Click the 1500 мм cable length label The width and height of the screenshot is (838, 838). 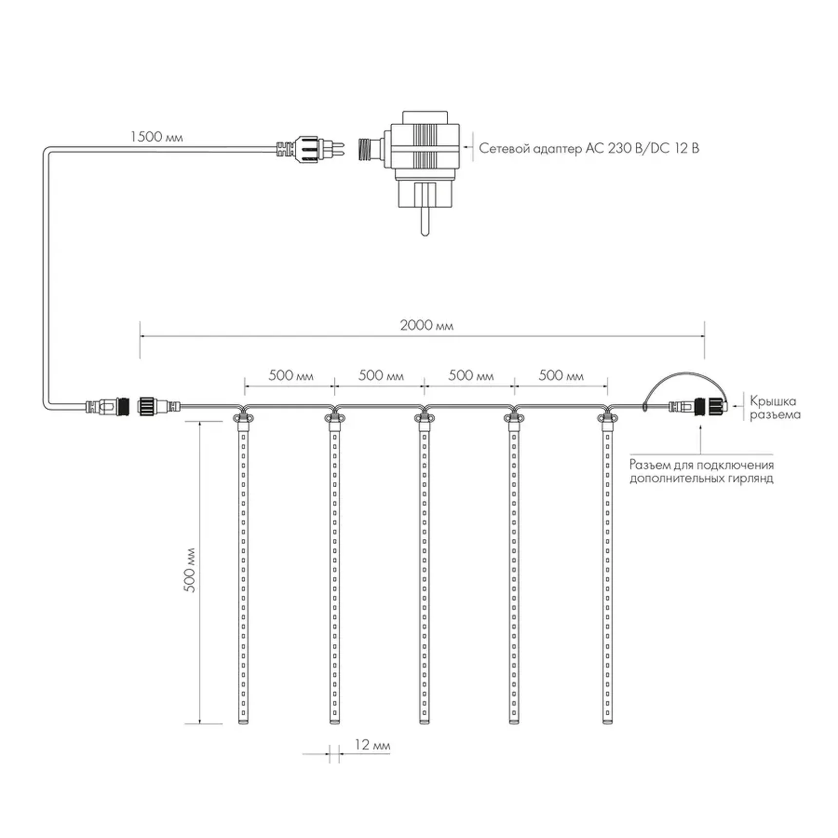[x=156, y=136]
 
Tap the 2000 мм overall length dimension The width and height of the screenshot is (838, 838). [x=426, y=325]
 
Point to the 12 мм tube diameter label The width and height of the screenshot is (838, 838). [x=372, y=744]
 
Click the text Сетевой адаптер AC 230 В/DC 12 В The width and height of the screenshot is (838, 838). [x=589, y=148]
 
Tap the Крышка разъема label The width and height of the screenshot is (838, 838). [x=775, y=408]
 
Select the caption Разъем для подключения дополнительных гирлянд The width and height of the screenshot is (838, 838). [x=702, y=472]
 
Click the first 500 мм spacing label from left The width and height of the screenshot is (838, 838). [x=291, y=375]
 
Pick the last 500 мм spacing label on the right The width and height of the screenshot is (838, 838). [x=561, y=375]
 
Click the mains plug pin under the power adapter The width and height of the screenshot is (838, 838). [x=425, y=221]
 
